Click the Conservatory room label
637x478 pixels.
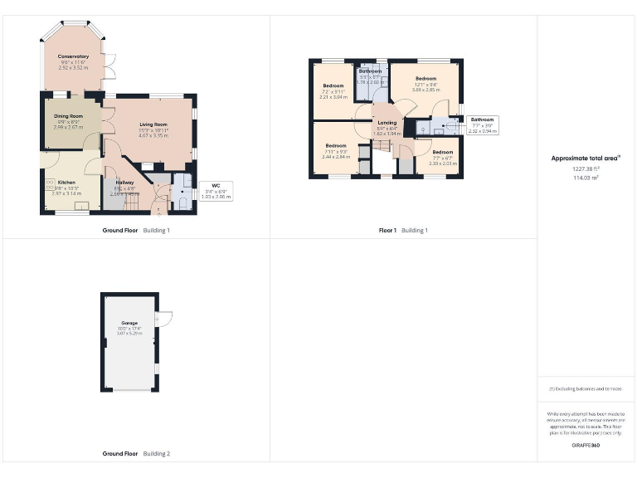pyautogui.click(x=74, y=56)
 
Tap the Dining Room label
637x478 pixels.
pyautogui.click(x=68, y=116)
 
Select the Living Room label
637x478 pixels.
pyautogui.click(x=153, y=124)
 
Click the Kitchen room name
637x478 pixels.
pyautogui.click(x=66, y=182)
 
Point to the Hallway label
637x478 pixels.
pyautogui.click(x=125, y=183)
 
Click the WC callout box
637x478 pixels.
pyautogui.click(x=215, y=192)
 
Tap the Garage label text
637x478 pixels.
pyautogui.click(x=130, y=323)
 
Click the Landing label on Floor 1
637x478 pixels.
pyautogui.click(x=387, y=123)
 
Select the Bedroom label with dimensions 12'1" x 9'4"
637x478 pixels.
pyautogui.click(x=425, y=79)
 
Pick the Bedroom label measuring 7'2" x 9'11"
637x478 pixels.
pyautogui.click(x=333, y=86)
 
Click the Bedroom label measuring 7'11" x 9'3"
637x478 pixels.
pyautogui.click(x=335, y=146)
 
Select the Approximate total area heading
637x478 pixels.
pyautogui.click(x=586, y=158)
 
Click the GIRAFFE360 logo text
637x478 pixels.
pyautogui.click(x=586, y=446)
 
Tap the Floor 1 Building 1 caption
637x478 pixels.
pyautogui.click(x=403, y=230)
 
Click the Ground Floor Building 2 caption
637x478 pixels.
pyautogui.click(x=136, y=454)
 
